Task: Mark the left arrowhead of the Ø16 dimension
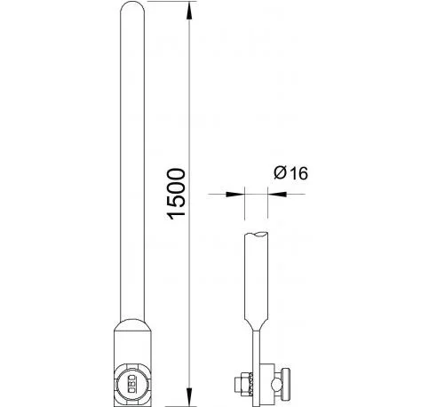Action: pos(237,193)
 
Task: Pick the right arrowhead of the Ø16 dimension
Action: pos(272,193)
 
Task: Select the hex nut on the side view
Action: pos(240,385)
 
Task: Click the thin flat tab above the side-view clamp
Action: pos(255,351)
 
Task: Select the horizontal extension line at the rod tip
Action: pos(169,4)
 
